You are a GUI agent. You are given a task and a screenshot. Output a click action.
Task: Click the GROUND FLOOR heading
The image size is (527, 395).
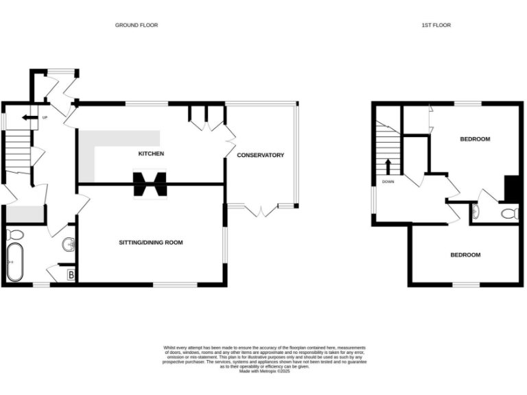(136, 25)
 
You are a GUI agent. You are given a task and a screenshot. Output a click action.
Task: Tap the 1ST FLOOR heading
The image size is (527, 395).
(436, 25)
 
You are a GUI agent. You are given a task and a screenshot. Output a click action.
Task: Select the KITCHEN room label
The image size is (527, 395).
(151, 154)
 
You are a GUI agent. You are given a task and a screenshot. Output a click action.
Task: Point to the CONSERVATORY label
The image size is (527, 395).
(260, 156)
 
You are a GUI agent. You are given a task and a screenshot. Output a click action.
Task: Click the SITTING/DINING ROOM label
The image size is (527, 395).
(151, 243)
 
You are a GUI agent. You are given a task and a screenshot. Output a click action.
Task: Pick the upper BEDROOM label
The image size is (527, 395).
(474, 139)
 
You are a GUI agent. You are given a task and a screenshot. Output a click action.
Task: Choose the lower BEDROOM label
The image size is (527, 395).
(465, 255)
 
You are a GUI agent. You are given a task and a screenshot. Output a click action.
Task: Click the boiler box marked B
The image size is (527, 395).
(70, 276)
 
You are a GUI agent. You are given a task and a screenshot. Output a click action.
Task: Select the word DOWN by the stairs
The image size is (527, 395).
(388, 182)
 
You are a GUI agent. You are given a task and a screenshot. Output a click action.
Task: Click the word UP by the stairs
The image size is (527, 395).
(45, 118)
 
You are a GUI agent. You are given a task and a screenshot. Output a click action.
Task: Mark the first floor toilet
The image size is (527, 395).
(508, 214)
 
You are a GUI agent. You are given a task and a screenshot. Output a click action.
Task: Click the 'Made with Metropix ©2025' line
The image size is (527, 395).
(264, 371)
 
